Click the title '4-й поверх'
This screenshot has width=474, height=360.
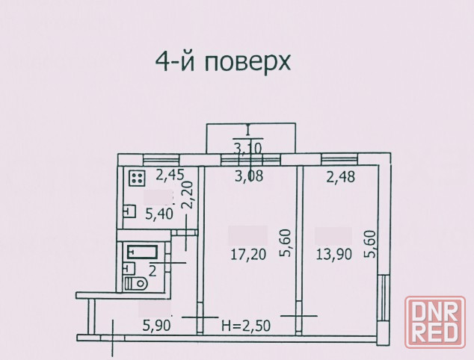pyautogui.click(x=223, y=63)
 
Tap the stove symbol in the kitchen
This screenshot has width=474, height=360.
pyautogui.click(x=138, y=179)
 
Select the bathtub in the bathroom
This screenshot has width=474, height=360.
pyautogui.click(x=142, y=252)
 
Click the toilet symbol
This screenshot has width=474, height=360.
pyautogui.click(x=136, y=284)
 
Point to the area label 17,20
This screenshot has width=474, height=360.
pyautogui.click(x=248, y=254)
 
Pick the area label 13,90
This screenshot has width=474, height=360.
pyautogui.click(x=333, y=254)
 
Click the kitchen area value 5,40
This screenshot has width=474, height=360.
pyautogui.click(x=159, y=214)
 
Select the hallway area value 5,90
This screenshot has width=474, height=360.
pyautogui.click(x=156, y=325)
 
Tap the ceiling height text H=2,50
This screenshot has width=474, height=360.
pyautogui.click(x=246, y=326)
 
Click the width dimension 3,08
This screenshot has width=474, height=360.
pyautogui.click(x=249, y=176)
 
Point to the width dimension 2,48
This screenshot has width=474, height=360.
pyautogui.click(x=340, y=177)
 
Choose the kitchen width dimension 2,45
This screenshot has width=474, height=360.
pyautogui.click(x=170, y=176)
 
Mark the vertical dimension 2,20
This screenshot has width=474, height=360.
pyautogui.click(x=187, y=195)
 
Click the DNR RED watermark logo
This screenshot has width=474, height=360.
pyautogui.click(x=435, y=322)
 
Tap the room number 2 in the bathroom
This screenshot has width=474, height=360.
pyautogui.click(x=153, y=271)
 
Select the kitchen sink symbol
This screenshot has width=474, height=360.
pyautogui.click(x=129, y=211)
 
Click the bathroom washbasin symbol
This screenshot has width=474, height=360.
pyautogui.click(x=129, y=268)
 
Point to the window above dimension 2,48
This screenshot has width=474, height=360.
pyautogui.click(x=339, y=160)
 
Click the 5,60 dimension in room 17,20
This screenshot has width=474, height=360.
pyautogui.click(x=285, y=243)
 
